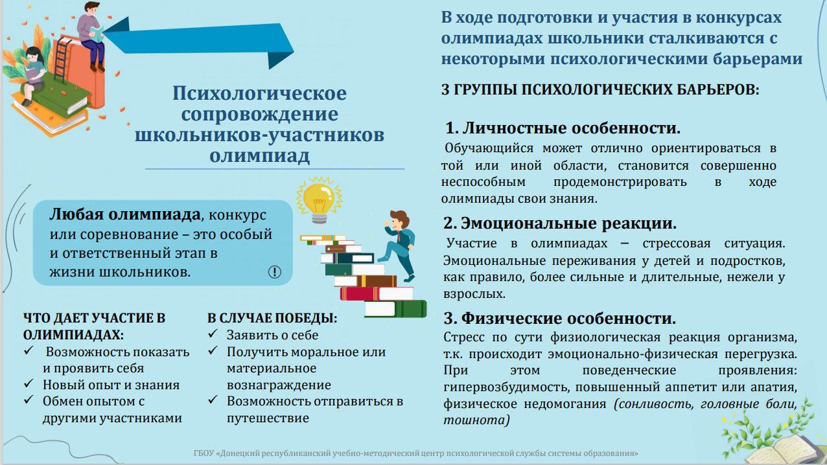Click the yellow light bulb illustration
click(x=319, y=201)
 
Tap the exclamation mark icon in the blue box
click(x=274, y=272)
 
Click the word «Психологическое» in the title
click(x=259, y=93)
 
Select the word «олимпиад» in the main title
click(x=259, y=155)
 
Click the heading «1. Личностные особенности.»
click(x=563, y=128)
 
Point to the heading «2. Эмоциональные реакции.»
click(x=560, y=223)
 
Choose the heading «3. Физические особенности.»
click(x=560, y=318)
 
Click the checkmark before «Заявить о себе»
click(x=213, y=334)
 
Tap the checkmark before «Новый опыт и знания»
click(x=29, y=383)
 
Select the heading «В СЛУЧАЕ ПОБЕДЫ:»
click(x=272, y=318)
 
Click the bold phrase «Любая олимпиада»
click(x=125, y=214)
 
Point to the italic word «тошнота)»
click(x=476, y=420)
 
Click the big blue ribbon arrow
click(x=200, y=40)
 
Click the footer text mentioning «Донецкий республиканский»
click(x=415, y=453)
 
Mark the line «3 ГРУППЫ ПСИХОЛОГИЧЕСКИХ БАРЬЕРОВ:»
click(x=600, y=89)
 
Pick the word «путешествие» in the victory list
click(x=268, y=418)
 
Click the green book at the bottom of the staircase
click(x=395, y=310)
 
